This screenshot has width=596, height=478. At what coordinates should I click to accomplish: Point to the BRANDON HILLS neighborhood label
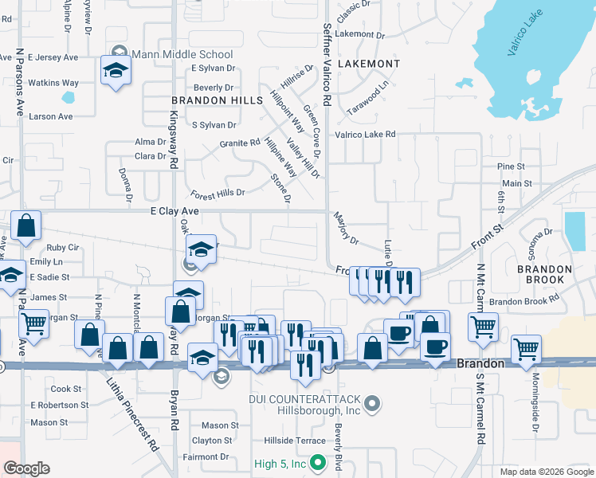click(217, 100)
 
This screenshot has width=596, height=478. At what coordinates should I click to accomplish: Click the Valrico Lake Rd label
click(365, 135)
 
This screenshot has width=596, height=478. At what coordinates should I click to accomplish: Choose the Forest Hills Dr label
click(218, 194)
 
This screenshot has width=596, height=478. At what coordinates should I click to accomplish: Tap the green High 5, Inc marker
click(318, 462)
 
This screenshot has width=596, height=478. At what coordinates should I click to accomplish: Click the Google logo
click(26, 468)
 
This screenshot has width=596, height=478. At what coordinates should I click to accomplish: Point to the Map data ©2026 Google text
click(546, 472)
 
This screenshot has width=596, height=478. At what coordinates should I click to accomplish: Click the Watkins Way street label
click(53, 83)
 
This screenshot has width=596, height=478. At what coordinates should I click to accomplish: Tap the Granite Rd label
click(240, 143)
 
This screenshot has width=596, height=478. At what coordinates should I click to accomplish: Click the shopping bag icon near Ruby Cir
click(25, 227)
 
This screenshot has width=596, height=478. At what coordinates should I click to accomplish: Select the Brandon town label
click(480, 363)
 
